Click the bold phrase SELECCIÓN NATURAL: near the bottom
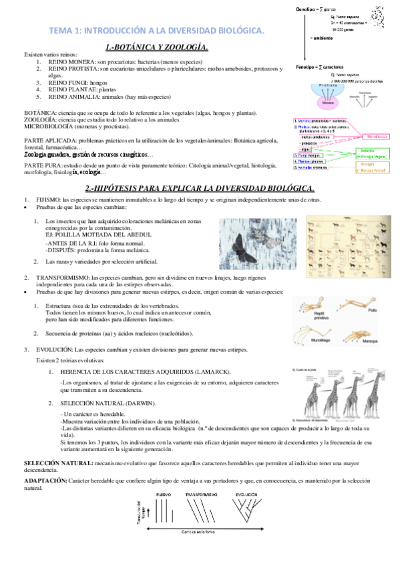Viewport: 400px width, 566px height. [x=58, y=463]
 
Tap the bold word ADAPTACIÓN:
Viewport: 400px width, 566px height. [x=45, y=481]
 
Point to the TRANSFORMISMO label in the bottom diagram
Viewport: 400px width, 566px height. [x=201, y=495]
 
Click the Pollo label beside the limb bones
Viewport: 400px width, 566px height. [x=371, y=310]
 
